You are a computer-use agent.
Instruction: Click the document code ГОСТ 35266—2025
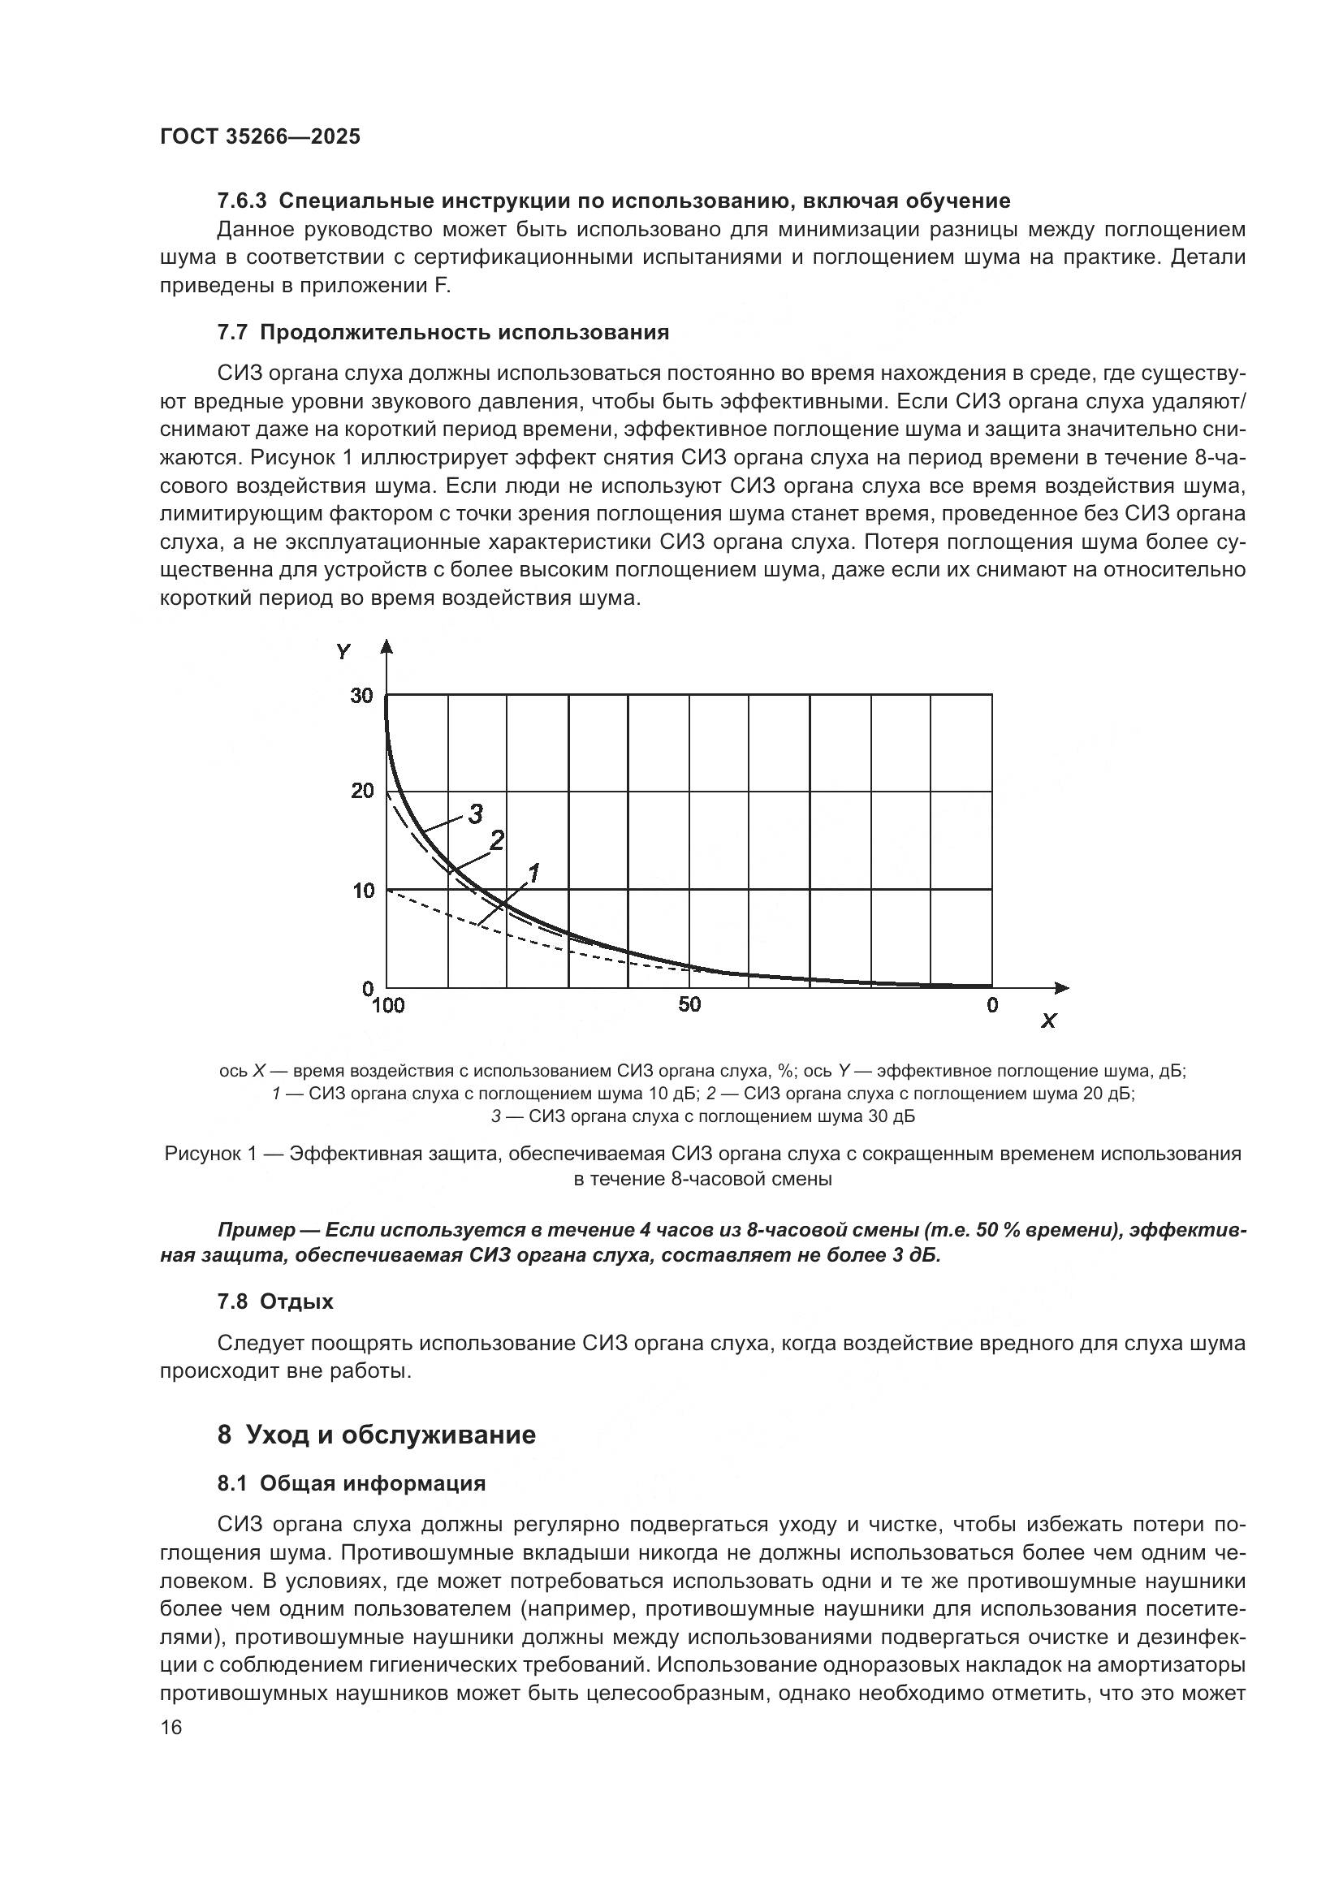(261, 137)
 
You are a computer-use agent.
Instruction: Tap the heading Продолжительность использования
(463, 333)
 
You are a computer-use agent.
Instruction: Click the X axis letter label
(1047, 1021)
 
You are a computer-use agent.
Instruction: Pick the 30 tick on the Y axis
(362, 696)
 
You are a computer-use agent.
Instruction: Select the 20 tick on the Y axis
(362, 791)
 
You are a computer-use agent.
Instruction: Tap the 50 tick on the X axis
(689, 1004)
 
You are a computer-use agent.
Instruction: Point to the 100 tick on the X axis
(388, 1006)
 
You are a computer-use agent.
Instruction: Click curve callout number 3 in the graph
(476, 814)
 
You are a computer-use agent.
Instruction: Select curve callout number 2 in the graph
(496, 841)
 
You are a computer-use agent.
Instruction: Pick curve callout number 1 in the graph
(533, 873)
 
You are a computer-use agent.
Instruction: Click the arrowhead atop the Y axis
(386, 647)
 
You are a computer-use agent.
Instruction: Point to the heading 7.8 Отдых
(275, 1301)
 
